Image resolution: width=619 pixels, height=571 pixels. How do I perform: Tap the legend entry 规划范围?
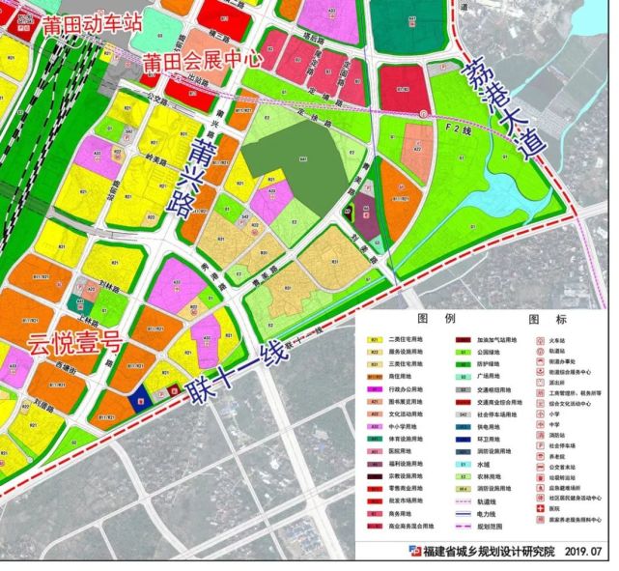tap(503, 531)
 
